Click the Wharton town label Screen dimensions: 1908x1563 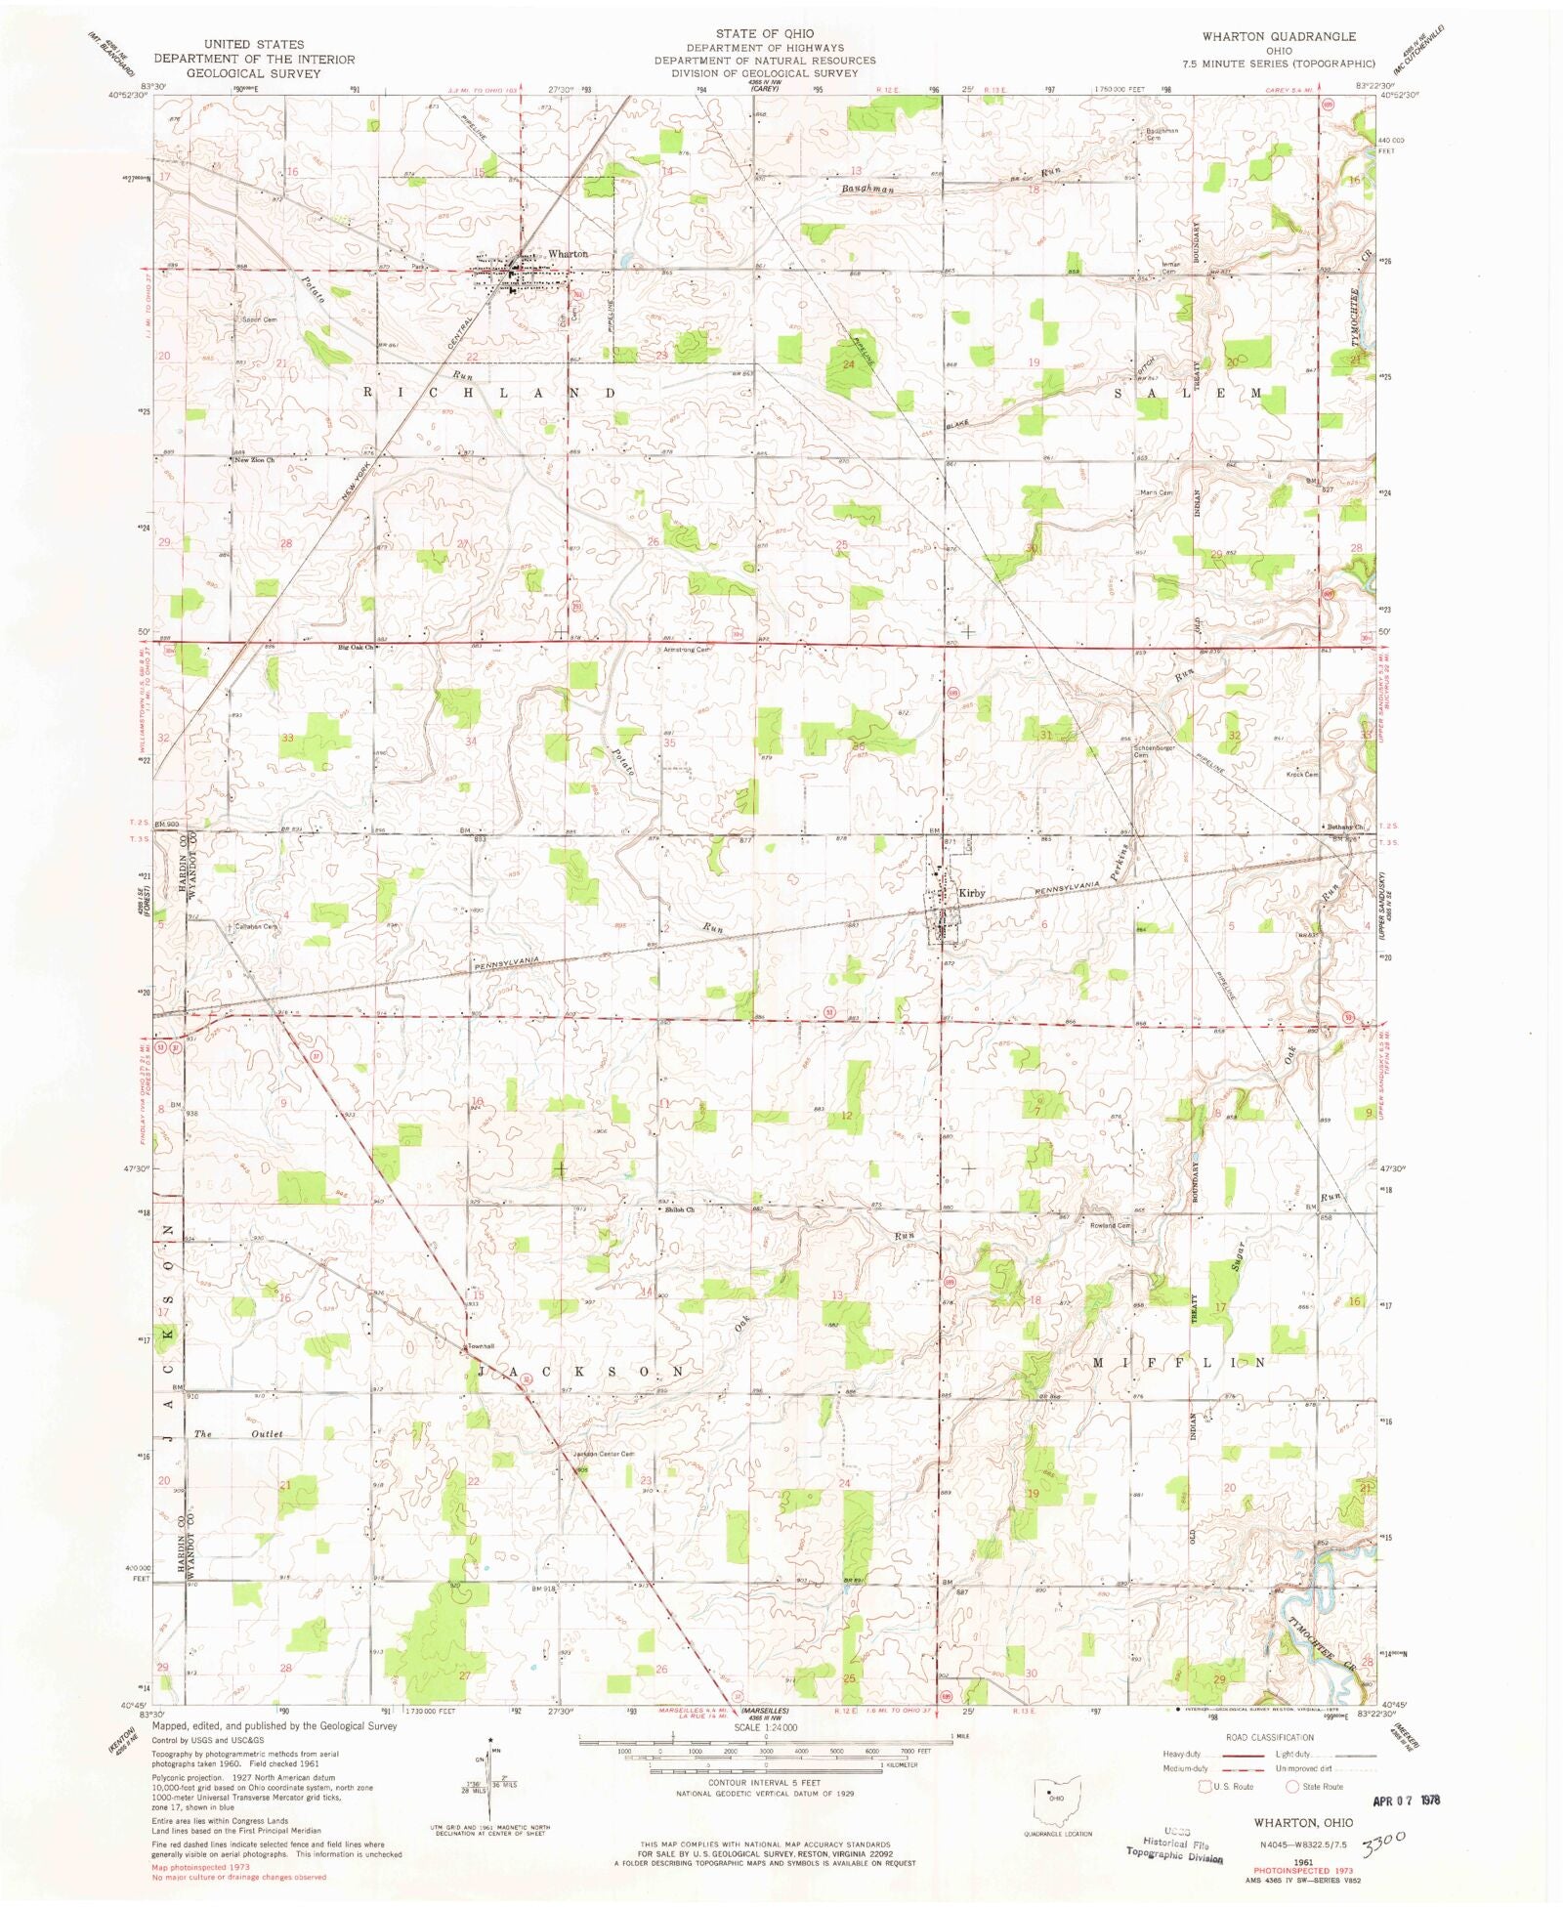[568, 254]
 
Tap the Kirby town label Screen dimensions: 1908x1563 [970, 893]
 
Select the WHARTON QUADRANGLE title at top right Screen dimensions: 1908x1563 [1278, 36]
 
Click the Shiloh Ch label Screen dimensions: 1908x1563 [679, 1209]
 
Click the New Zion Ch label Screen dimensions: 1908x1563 [255, 459]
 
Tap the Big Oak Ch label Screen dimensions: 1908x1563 [357, 647]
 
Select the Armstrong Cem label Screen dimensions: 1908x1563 [687, 649]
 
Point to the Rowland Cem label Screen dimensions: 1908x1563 [1110, 1225]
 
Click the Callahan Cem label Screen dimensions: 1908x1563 [255, 926]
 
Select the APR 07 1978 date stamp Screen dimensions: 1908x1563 [1405, 1799]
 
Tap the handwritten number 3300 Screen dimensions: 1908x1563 [1384, 1841]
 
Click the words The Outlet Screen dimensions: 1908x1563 [238, 1433]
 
